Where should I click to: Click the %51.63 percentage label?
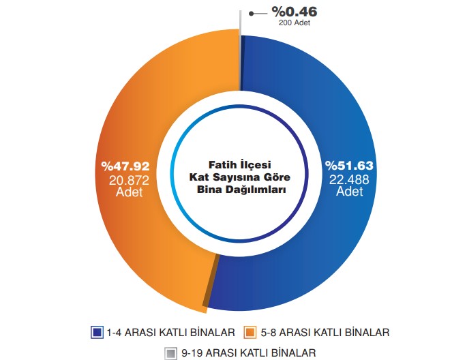coord(349,166)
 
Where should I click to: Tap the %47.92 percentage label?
coord(125,166)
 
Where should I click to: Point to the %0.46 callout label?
coord(294,12)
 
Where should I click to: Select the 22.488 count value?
coord(349,179)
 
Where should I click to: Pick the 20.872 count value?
coord(125,179)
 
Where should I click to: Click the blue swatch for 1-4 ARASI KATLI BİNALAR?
coord(97,332)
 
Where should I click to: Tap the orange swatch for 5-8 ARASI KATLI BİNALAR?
coord(250,332)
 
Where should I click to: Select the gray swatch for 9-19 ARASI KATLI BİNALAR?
coord(170,352)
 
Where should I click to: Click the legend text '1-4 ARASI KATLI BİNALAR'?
coord(170,332)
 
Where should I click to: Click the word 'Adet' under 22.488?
coord(349,192)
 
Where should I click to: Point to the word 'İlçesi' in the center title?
coord(255,164)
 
